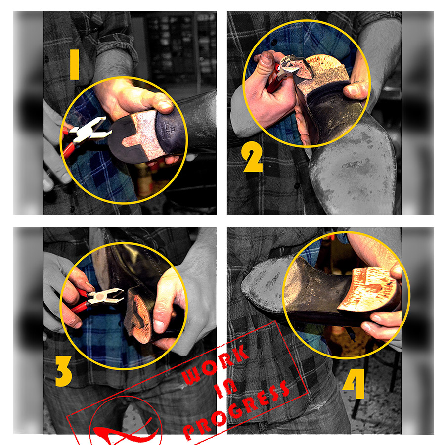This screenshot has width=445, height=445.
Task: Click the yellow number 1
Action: (74, 64)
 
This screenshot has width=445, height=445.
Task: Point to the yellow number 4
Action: (354, 384)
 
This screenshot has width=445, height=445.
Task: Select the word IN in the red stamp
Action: (225, 388)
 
